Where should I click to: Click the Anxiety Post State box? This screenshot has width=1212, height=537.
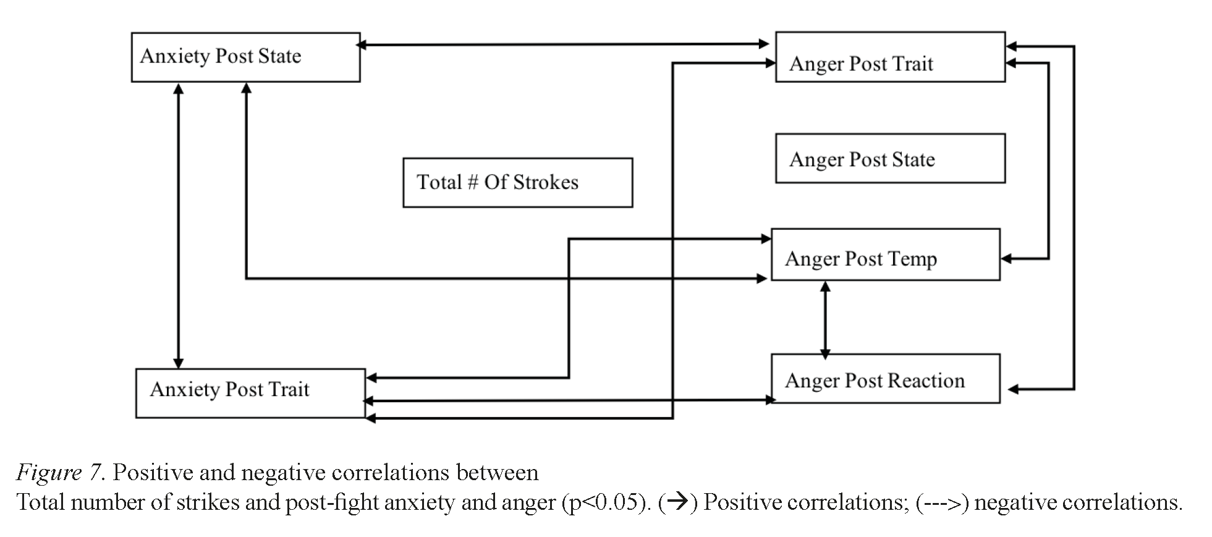click(245, 57)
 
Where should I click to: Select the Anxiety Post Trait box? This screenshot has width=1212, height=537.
click(250, 393)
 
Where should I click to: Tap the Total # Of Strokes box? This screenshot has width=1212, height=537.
click(517, 182)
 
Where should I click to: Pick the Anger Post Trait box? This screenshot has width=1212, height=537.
click(890, 57)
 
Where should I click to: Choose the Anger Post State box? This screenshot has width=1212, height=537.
click(890, 158)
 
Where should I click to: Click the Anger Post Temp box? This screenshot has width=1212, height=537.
click(885, 255)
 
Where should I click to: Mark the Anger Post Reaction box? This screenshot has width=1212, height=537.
click(885, 378)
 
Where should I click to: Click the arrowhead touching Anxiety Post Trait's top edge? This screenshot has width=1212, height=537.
click(178, 363)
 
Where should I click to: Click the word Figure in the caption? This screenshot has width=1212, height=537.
click(48, 473)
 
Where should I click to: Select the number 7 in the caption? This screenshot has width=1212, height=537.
click(95, 473)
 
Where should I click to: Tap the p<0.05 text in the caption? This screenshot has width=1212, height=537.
click(606, 502)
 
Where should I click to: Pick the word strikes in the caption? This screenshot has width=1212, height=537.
click(207, 502)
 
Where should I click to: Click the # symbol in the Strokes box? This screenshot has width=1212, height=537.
click(473, 182)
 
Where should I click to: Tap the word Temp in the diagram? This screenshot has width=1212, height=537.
click(912, 258)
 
